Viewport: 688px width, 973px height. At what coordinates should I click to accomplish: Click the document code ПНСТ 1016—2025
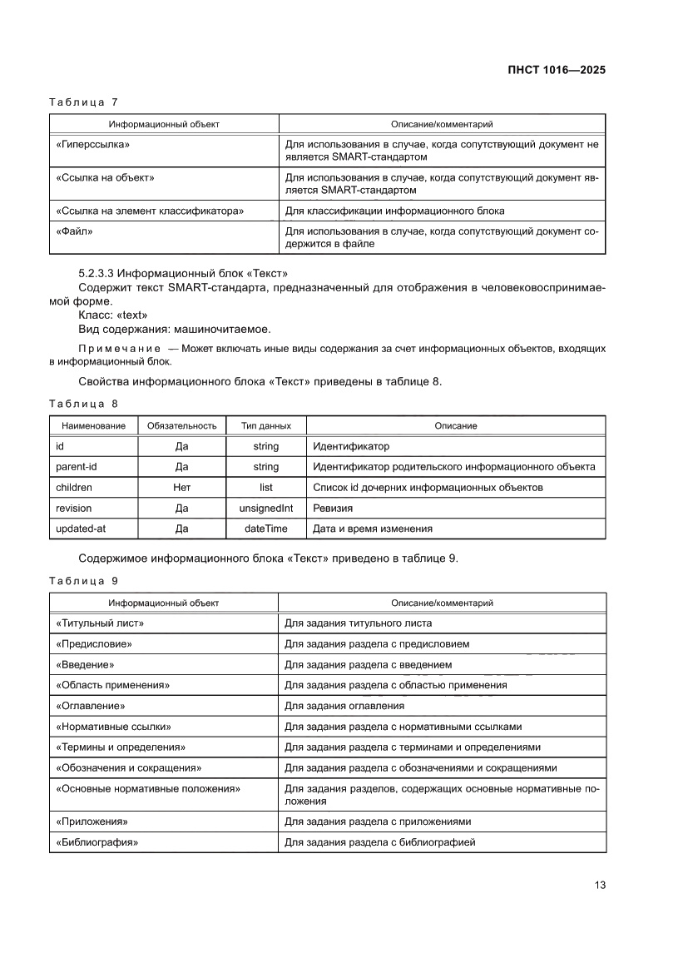coord(556,70)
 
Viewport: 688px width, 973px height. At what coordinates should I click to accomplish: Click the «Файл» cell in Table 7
coord(74,231)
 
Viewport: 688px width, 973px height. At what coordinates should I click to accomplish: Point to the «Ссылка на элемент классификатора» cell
coord(150,211)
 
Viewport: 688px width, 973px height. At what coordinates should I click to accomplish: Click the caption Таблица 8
coord(83,404)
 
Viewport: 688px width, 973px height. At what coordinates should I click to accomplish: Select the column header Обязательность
coord(181,425)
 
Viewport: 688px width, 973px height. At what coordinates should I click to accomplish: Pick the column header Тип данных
coord(265,425)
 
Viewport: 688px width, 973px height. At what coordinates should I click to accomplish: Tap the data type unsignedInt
coord(265,508)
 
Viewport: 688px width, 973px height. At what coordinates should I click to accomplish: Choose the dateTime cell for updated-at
coord(265,529)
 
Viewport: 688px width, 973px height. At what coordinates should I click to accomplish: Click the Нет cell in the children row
coord(181,488)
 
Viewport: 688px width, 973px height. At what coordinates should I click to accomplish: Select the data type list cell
coord(265,488)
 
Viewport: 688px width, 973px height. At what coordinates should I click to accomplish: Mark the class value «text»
coord(131,315)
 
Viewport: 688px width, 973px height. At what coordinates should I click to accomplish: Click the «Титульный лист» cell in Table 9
coord(100,623)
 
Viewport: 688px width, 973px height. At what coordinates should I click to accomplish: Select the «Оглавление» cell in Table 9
coord(91,706)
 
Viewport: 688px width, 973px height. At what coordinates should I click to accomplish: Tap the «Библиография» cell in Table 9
coord(97,842)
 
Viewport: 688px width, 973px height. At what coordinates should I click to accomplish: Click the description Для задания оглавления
coord(344,706)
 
